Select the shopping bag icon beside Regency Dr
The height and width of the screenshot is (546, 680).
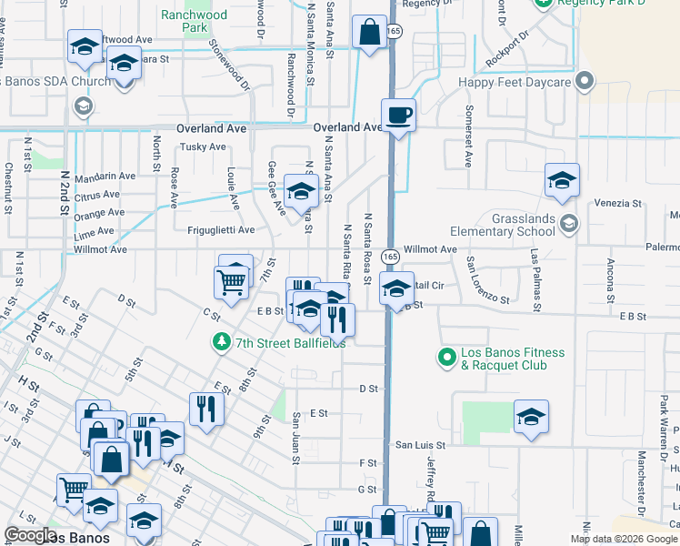pyautogui.click(x=369, y=34)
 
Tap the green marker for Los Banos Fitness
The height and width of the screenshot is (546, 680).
pyautogui.click(x=446, y=355)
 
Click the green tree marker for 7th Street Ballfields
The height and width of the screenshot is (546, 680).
pyautogui.click(x=220, y=342)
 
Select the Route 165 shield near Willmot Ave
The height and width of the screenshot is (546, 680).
pyautogui.click(x=388, y=257)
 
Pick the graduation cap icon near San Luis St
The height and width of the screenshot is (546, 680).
pyautogui.click(x=531, y=418)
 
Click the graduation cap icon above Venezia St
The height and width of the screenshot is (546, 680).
pyautogui.click(x=562, y=181)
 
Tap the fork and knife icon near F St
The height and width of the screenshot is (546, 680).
pyautogui.click(x=205, y=409)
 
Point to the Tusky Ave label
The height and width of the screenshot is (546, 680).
pyautogui.click(x=203, y=147)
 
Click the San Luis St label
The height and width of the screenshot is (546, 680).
pyautogui.click(x=419, y=445)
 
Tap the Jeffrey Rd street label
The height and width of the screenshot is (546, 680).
pyautogui.click(x=431, y=479)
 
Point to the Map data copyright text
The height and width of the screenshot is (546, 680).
pyautogui.click(x=624, y=539)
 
